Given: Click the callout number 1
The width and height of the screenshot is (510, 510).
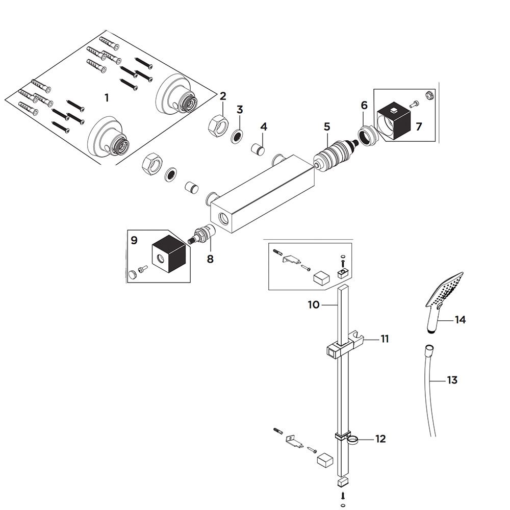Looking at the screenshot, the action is (x=107, y=97).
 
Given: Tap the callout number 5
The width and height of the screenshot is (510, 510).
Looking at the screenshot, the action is (x=327, y=127).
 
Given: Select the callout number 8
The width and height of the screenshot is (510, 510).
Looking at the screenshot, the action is (x=210, y=259).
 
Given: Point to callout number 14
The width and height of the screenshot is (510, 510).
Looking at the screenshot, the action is (x=460, y=320).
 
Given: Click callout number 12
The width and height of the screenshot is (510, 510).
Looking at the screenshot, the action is (x=380, y=439).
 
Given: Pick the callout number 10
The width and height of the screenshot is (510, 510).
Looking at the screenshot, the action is (x=314, y=305).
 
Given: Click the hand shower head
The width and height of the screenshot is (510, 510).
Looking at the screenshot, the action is (x=445, y=301).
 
